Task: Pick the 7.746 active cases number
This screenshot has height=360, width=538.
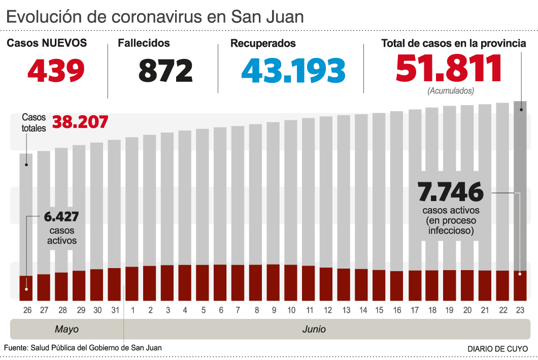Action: tap(450, 192)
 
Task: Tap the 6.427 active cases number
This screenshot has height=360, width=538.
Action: tap(61, 217)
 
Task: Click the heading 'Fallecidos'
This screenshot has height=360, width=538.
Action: tap(144, 44)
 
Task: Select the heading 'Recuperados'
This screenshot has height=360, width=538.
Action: tap(263, 44)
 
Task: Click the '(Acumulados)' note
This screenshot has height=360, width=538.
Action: tap(450, 91)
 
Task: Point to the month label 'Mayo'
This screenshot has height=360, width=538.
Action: tap(66, 329)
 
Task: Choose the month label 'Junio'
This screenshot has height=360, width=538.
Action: tap(314, 329)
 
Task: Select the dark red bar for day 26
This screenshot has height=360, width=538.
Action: tap(26, 288)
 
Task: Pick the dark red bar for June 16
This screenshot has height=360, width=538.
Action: tap(396, 285)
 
